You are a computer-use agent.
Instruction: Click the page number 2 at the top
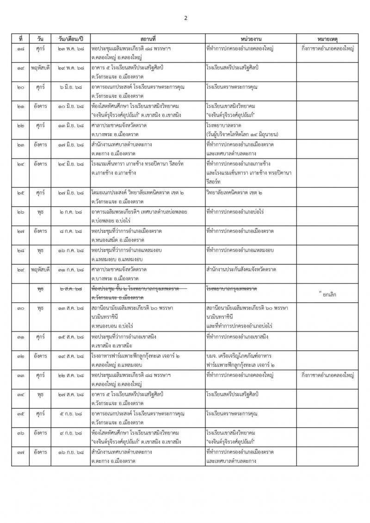coord(185,18)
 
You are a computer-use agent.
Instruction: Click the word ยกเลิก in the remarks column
coord(327,294)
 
